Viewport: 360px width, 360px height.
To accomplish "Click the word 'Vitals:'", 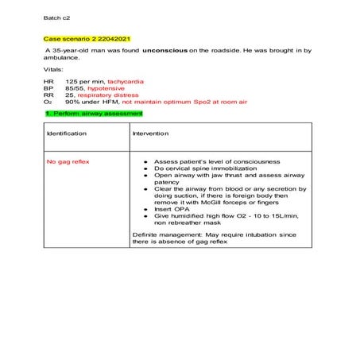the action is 54,69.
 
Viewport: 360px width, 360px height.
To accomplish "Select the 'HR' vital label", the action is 50,82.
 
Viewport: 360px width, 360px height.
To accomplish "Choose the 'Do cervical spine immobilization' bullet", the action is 206,168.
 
